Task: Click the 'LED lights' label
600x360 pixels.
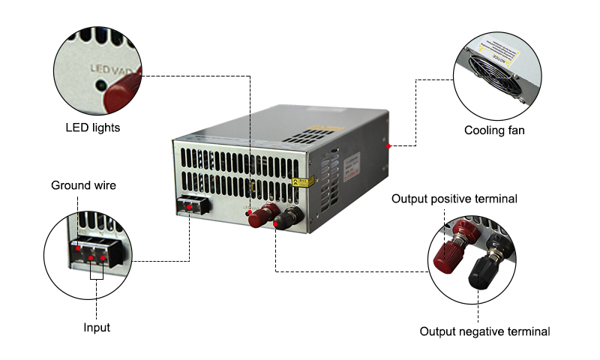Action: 92,127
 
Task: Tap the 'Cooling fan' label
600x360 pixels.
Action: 494,130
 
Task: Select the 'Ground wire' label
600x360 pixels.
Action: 83,185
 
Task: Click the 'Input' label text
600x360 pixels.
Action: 97,328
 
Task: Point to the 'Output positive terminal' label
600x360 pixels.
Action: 454,199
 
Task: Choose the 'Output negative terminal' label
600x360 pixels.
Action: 484,331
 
